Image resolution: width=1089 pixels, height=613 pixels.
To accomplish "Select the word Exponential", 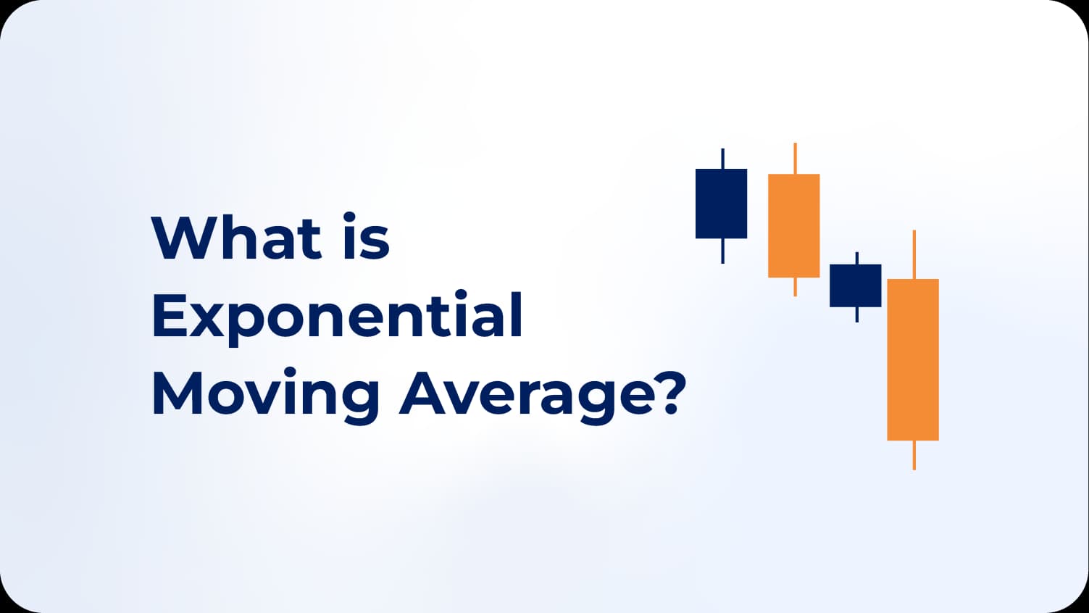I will [337, 316].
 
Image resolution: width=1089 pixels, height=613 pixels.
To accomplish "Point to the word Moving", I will [265, 395].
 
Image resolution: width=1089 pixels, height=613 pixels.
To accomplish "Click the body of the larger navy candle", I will [721, 204].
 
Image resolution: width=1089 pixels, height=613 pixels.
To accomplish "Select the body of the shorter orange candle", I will [793, 225].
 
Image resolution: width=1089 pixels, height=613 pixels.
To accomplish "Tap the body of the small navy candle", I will [855, 285].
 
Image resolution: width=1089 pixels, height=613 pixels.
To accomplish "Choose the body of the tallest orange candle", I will [913, 359].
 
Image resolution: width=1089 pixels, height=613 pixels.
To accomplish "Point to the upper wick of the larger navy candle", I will [722, 159].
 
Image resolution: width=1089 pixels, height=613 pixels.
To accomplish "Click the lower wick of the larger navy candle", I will [722, 251].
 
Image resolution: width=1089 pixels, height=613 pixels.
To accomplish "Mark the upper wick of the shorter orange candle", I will [795, 158].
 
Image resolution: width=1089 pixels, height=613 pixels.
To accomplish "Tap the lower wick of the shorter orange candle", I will [795, 287].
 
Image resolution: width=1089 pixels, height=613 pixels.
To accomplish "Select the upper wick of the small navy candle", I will [856, 258].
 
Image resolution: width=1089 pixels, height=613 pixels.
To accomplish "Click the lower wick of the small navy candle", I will [856, 314].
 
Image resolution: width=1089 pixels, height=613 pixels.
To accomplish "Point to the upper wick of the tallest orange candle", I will [914, 254].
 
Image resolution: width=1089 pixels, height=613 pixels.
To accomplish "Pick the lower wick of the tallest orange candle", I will [914, 455].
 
